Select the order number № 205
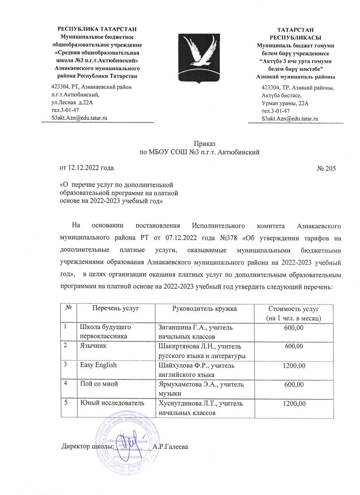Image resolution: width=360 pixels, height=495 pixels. tap(327, 168)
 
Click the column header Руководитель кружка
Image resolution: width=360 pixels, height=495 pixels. tap(204, 308)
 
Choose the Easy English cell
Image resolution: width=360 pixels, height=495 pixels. tap(98, 365)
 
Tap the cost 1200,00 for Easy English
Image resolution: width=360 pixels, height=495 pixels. tap(294, 365)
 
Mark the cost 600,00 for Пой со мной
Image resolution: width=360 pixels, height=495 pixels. tap(294, 384)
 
